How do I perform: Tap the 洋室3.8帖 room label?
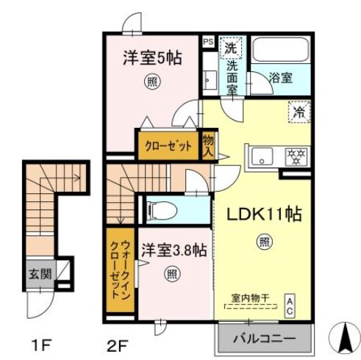coord(173,249)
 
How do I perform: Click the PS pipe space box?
coord(208,42)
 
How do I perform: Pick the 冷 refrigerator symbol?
coord(299,112)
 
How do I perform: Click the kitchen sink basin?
coord(263,156)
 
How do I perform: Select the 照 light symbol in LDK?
coord(263,240)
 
